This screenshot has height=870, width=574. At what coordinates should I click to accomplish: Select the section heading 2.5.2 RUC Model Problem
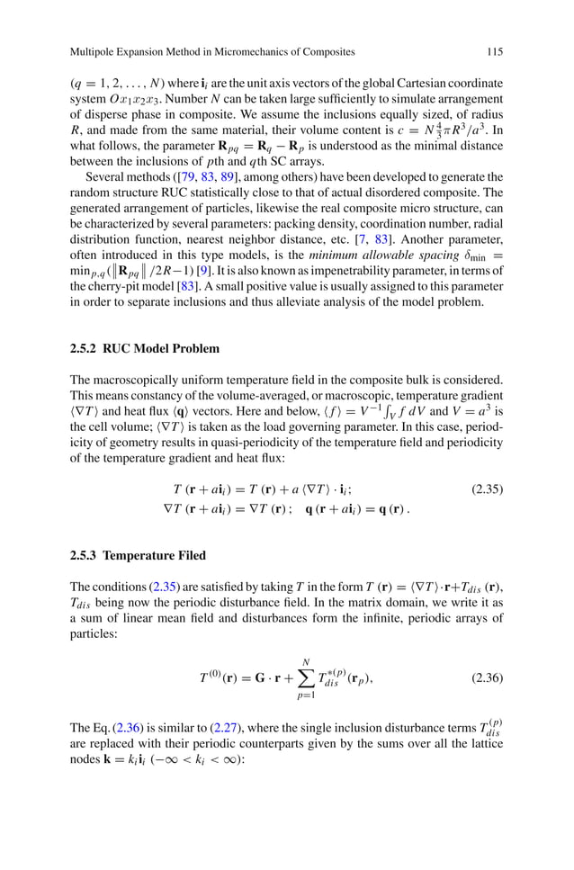click(144, 348)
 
